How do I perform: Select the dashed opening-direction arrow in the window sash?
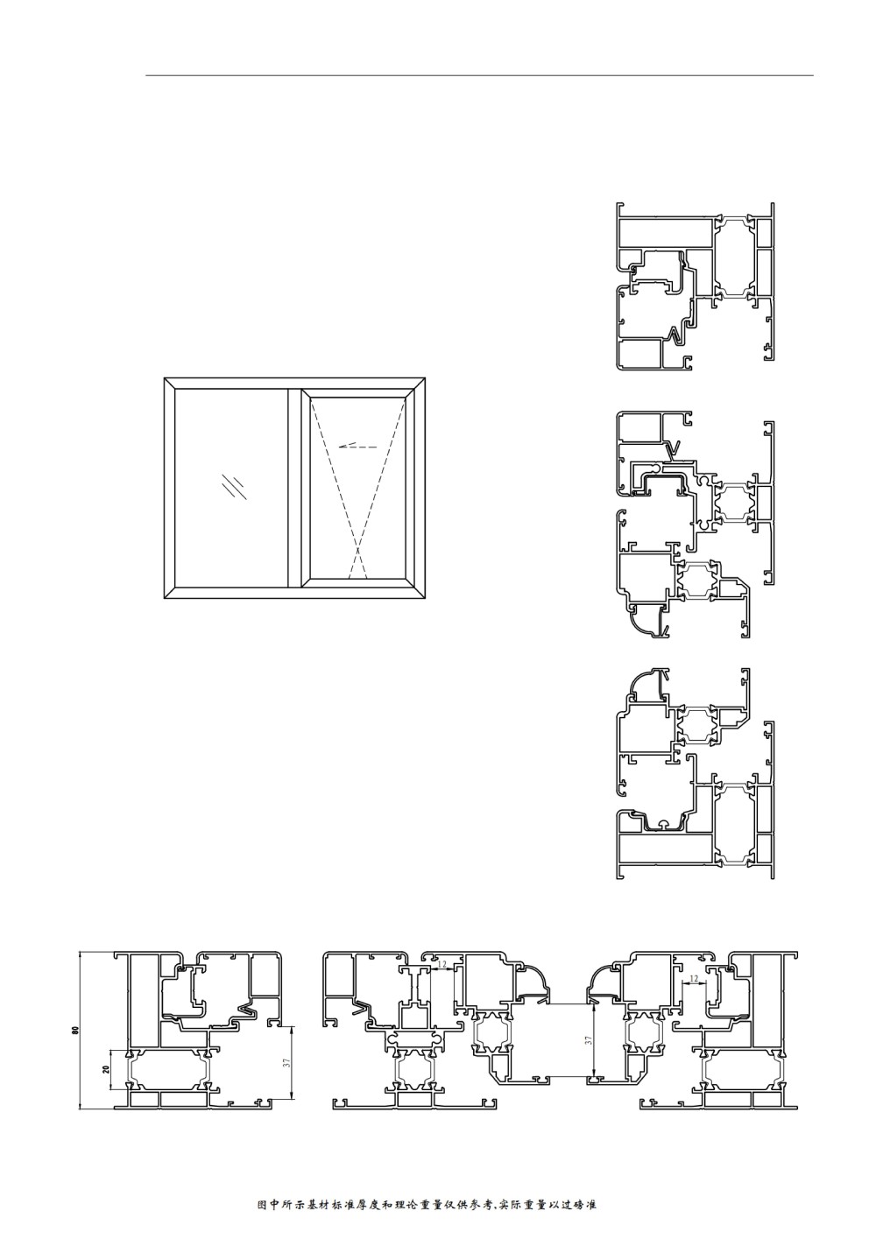click(x=357, y=446)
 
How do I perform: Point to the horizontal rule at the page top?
click(x=479, y=74)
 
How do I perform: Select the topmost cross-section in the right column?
click(x=695, y=286)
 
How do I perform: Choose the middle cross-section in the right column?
click(x=695, y=524)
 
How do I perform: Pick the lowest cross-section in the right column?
click(x=695, y=773)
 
